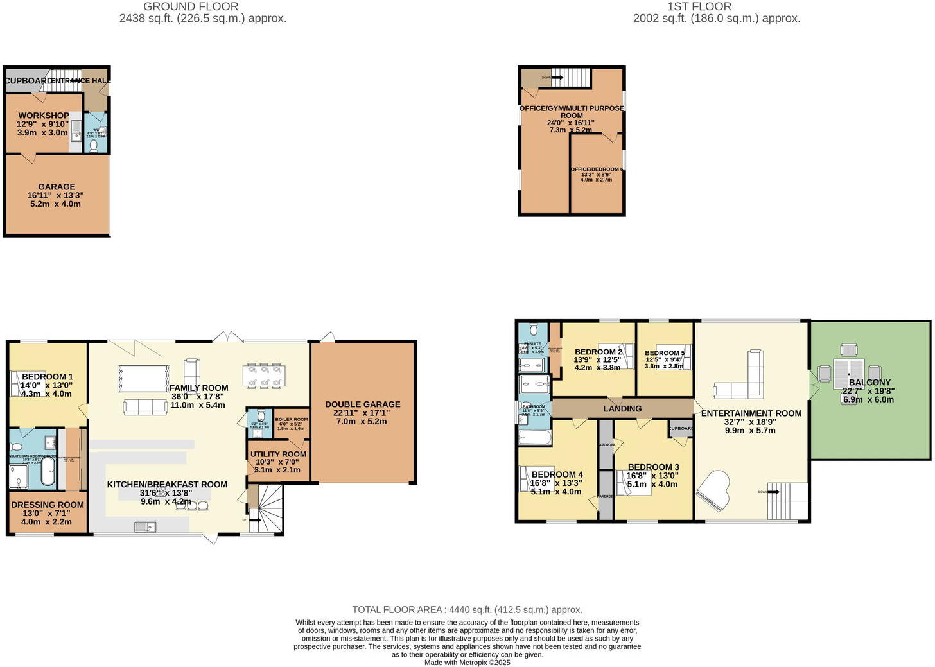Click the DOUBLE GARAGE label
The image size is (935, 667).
(x=362, y=404)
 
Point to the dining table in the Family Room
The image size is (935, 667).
(x=263, y=376)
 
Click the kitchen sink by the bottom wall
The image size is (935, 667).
(x=146, y=527)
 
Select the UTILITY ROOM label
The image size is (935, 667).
(x=278, y=454)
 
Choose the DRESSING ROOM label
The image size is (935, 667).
(x=48, y=505)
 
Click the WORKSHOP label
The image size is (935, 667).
(x=44, y=116)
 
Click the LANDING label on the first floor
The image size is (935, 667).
(x=622, y=408)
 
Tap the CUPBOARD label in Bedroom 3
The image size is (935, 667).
(x=681, y=428)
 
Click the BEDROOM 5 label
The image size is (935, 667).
(x=665, y=353)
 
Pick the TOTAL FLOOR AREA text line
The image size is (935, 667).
(x=467, y=610)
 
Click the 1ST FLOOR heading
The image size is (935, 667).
(x=699, y=6)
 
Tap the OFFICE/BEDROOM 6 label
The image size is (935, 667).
(x=597, y=169)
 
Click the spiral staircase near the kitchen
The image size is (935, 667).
(x=267, y=507)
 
